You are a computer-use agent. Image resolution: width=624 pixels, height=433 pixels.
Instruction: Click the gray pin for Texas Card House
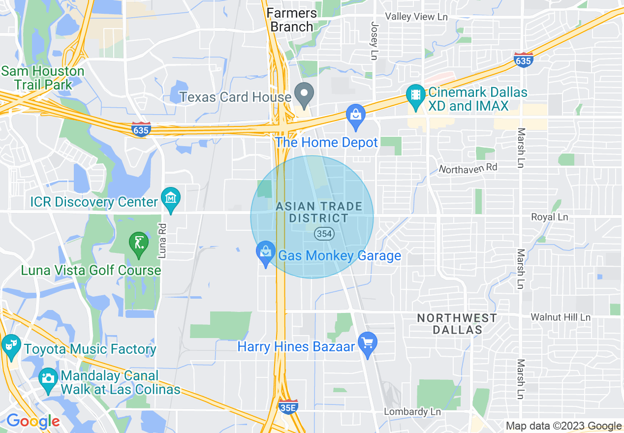(305, 94)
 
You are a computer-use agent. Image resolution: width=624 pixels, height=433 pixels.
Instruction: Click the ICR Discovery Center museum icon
(171, 199)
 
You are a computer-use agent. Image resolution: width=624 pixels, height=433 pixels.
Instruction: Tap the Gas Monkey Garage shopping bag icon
(266, 253)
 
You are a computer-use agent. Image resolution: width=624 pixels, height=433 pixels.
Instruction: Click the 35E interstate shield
(288, 407)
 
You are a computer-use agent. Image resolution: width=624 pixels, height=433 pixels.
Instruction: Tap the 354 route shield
(324, 234)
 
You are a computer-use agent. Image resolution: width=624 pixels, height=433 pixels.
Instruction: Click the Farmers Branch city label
(292, 20)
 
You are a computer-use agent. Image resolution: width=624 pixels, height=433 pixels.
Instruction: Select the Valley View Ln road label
(416, 16)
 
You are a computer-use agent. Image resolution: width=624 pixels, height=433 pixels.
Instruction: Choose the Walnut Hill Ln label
(560, 317)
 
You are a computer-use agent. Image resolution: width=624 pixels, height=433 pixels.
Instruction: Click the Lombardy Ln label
(412, 411)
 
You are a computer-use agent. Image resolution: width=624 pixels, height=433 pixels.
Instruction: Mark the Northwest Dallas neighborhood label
(457, 324)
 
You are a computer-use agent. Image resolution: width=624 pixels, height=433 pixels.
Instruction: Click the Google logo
(32, 421)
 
